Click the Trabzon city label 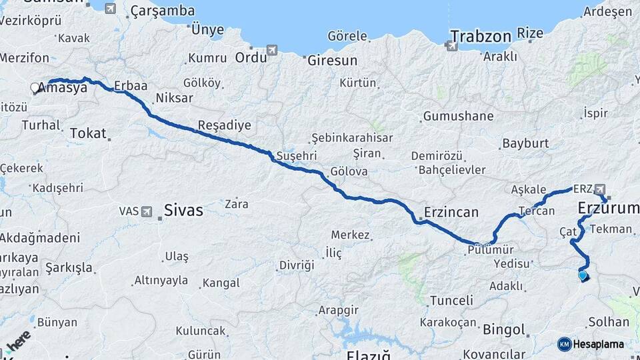[480, 35]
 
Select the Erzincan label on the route [451, 213]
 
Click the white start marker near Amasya [35, 87]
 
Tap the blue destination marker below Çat [583, 275]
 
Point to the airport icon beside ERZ [600, 189]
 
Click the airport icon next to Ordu [271, 50]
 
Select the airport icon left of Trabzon [451, 45]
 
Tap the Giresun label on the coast [332, 60]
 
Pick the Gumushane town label [458, 116]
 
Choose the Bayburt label [525, 143]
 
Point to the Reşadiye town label [224, 125]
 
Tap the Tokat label [88, 133]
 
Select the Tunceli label [451, 301]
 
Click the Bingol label [504, 329]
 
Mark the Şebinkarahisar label [351, 138]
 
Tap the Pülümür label [491, 249]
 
